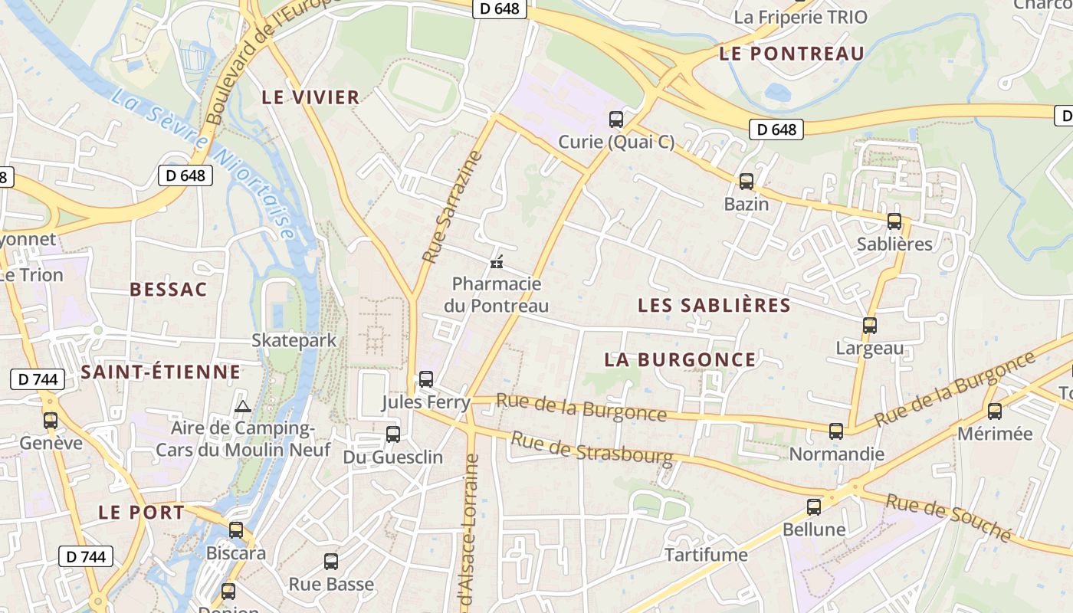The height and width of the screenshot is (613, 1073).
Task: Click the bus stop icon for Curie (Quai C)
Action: [x=616, y=119]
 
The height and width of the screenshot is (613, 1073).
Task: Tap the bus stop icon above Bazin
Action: [x=747, y=182]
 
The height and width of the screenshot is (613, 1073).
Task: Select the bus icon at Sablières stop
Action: [x=894, y=221]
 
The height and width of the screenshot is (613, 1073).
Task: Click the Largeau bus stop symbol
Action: [x=870, y=325]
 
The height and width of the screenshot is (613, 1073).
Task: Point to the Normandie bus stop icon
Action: [x=836, y=431]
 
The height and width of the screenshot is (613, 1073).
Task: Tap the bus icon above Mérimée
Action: [x=995, y=411]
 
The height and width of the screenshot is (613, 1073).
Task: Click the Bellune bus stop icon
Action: [x=814, y=506]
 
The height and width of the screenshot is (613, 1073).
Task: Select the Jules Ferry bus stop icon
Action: [x=426, y=379]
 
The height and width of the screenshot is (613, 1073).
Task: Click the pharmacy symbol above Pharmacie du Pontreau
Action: [x=497, y=263]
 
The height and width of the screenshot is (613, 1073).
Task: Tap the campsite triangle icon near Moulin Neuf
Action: [x=243, y=406]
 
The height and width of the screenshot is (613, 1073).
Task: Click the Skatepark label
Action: [x=294, y=340]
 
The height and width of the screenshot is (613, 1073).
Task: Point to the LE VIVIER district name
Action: [x=310, y=97]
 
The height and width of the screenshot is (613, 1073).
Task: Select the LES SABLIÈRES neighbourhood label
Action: [x=714, y=305]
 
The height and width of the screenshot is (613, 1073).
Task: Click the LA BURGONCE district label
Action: [x=680, y=359]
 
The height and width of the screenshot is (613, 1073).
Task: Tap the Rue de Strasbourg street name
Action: [x=592, y=449]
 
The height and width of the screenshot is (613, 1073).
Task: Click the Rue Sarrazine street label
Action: [x=453, y=207]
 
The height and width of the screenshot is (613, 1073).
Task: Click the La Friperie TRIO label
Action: [x=800, y=17]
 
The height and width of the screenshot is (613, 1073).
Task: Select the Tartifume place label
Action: [x=705, y=555]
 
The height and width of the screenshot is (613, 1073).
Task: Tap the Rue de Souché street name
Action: [x=949, y=516]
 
